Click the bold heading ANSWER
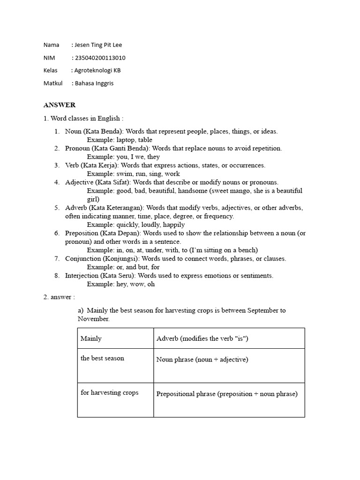pos(60,105)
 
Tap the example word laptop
pos(126,140)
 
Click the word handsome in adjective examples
pos(193,191)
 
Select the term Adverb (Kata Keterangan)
pos(105,208)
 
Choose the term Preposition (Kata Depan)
pos(103,233)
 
